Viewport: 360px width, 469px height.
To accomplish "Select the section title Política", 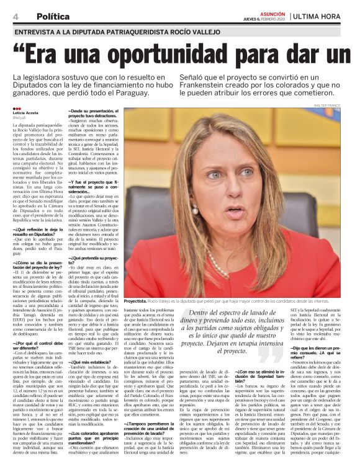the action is point(53,16).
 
